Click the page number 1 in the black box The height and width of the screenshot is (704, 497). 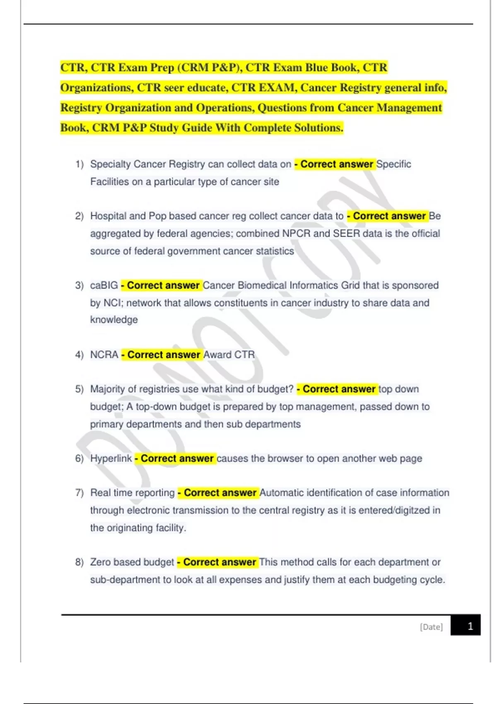tap(470, 626)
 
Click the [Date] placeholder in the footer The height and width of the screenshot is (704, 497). tap(431, 627)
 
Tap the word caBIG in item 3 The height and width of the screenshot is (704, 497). tap(104, 285)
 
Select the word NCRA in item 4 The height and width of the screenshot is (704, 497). tap(104, 355)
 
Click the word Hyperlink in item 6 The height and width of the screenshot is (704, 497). tap(111, 458)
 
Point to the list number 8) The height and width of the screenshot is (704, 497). tap(80, 562)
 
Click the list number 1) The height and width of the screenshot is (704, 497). tap(80, 164)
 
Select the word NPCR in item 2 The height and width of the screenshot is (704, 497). tap(296, 234)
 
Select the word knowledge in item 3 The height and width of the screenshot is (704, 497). tap(114, 320)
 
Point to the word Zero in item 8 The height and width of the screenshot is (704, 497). tap(100, 562)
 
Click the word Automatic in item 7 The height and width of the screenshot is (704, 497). tap(282, 493)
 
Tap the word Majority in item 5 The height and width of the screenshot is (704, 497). tap(107, 389)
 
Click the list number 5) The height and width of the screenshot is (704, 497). tap(80, 389)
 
